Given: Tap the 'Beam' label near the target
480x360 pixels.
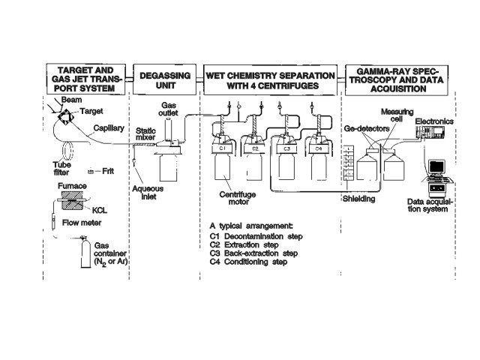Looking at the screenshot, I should tap(72, 99).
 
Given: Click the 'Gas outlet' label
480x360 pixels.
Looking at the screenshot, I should tap(172, 113).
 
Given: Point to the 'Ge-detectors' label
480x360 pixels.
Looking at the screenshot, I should tap(364, 128).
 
